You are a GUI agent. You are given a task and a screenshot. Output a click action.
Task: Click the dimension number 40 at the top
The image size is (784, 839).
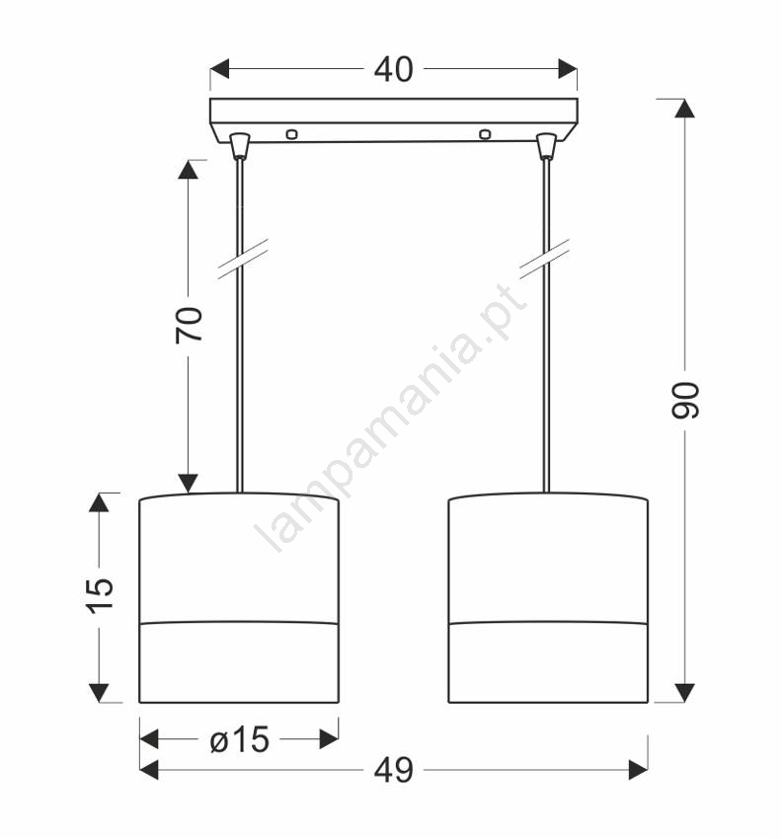(x=393, y=69)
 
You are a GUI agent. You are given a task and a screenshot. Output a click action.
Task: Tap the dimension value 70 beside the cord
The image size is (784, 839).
(x=190, y=325)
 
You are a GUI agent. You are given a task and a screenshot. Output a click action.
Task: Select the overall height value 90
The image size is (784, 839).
(x=685, y=400)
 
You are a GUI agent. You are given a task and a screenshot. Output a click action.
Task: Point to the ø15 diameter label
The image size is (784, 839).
(x=240, y=739)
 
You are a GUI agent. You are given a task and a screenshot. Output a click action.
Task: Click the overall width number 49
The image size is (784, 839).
(x=393, y=771)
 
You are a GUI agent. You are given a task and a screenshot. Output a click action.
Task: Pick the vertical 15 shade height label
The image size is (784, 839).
(x=101, y=595)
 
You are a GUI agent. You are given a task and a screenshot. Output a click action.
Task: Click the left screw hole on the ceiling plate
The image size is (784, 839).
(x=291, y=134)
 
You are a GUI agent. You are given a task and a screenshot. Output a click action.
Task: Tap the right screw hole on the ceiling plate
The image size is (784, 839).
(x=485, y=134)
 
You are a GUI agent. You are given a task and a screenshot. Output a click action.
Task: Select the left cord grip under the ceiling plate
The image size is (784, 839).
(x=239, y=146)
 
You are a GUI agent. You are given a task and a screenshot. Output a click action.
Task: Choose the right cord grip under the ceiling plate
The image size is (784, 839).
(x=546, y=146)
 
